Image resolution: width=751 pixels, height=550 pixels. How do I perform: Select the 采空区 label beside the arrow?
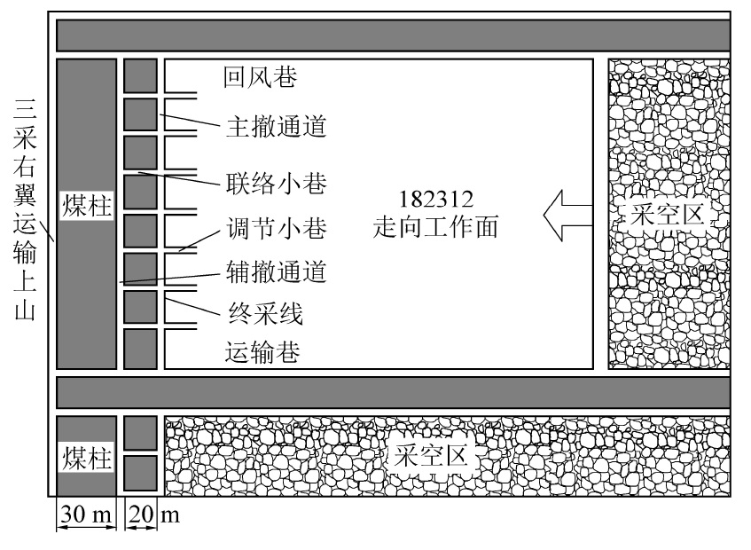(667, 216)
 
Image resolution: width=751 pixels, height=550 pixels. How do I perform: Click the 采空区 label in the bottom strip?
(432, 457)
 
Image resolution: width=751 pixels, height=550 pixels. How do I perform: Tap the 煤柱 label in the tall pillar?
(87, 203)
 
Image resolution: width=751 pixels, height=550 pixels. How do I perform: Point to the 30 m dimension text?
(86, 515)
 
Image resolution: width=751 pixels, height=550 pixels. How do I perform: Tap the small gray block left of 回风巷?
(140, 75)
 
